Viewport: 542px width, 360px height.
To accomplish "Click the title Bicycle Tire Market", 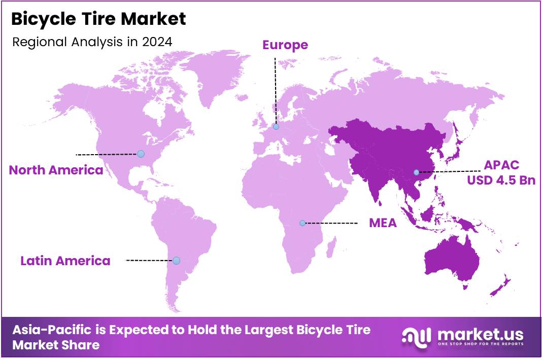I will pyautogui.click(x=98, y=19).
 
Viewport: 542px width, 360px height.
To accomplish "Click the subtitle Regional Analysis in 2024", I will pyautogui.click(x=92, y=42).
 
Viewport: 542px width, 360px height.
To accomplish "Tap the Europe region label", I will pyautogui.click(x=285, y=45).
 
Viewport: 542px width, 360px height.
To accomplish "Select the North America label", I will pyautogui.click(x=56, y=170).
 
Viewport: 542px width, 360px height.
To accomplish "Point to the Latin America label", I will pyautogui.click(x=65, y=261).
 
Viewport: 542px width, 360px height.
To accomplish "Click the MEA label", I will pyautogui.click(x=383, y=223).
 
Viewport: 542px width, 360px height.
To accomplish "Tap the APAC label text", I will pyautogui.click(x=501, y=165).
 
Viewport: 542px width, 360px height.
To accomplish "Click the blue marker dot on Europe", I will pyautogui.click(x=276, y=127).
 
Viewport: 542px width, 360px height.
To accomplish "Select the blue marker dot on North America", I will pyautogui.click(x=141, y=154).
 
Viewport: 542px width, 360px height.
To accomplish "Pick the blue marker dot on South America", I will pyautogui.click(x=176, y=261).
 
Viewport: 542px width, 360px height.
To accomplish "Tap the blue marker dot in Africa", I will pyautogui.click(x=302, y=223).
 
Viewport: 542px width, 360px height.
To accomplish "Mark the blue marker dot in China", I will pyautogui.click(x=416, y=172).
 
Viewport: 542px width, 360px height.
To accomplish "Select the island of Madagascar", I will pyautogui.click(x=331, y=249).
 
